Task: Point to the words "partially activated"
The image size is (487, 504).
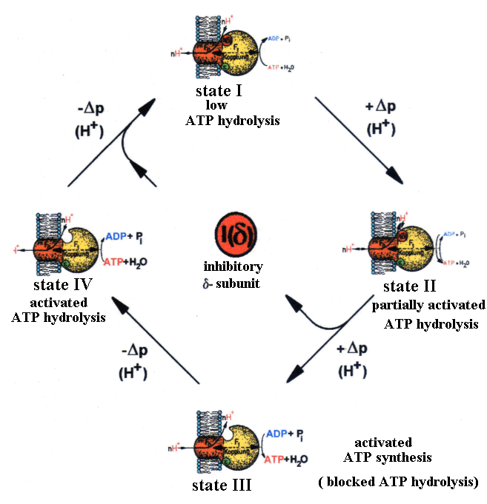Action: click(x=417, y=305)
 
